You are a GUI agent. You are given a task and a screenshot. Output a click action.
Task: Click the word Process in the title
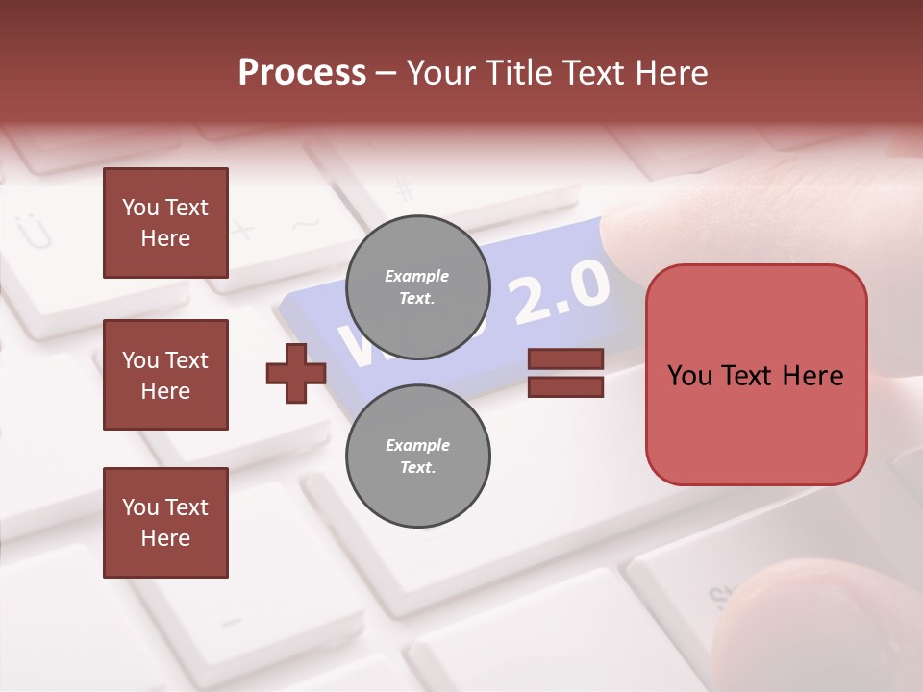click(302, 73)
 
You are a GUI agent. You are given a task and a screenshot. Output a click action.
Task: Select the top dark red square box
click(165, 223)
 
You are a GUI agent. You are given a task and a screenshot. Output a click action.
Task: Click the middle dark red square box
click(165, 375)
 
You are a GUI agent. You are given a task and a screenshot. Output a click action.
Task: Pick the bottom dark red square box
click(165, 523)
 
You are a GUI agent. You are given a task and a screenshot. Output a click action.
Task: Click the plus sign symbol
click(296, 373)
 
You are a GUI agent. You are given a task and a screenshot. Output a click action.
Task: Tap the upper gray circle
click(417, 286)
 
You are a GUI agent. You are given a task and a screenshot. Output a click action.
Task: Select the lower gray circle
click(417, 456)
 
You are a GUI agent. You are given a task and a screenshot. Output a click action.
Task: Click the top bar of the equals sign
click(565, 359)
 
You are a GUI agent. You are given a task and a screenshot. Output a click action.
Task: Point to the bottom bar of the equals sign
click(565, 386)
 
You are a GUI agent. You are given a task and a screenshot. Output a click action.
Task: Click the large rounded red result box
click(756, 375)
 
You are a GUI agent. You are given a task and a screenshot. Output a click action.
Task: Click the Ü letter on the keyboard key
click(35, 231)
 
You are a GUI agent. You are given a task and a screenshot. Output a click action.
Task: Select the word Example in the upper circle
click(417, 276)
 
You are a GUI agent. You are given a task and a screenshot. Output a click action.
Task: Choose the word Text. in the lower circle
click(417, 467)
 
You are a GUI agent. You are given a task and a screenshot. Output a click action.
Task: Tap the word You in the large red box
click(689, 376)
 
